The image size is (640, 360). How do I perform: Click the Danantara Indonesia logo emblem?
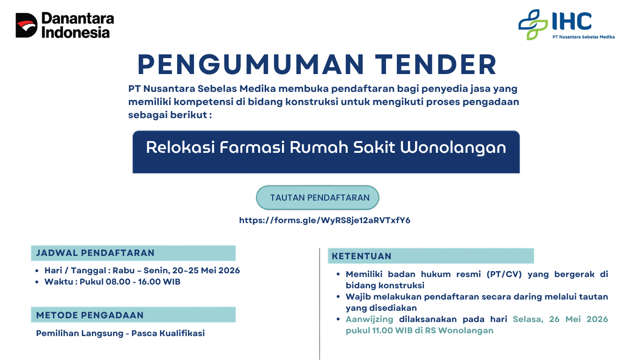(x=26, y=25)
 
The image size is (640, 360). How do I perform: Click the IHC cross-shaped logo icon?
(x=533, y=24)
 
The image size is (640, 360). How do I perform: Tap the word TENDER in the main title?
(x=436, y=65)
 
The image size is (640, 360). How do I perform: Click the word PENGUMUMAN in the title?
(x=251, y=65)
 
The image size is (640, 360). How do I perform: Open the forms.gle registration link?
(x=325, y=220)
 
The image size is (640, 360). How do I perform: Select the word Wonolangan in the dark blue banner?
(x=453, y=148)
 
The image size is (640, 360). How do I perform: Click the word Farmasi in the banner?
(x=252, y=147)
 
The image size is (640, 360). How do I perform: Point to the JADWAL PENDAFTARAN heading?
(x=95, y=253)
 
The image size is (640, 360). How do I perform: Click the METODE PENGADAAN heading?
(x=89, y=315)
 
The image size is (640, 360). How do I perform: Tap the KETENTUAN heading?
(x=361, y=256)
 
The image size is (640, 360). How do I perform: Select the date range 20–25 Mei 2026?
(x=206, y=270)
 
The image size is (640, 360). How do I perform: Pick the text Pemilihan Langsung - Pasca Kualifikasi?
(x=120, y=333)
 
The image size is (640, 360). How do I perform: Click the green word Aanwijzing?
(x=369, y=319)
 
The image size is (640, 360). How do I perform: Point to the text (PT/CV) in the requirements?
(x=504, y=274)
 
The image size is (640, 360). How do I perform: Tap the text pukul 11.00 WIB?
(x=379, y=330)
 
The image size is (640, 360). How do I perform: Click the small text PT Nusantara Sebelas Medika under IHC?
(x=583, y=37)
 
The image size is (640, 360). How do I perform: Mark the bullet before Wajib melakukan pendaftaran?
(x=338, y=297)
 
